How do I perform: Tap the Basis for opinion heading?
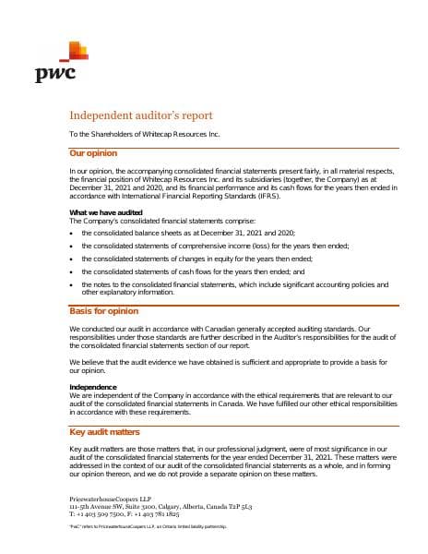(x=104, y=311)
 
